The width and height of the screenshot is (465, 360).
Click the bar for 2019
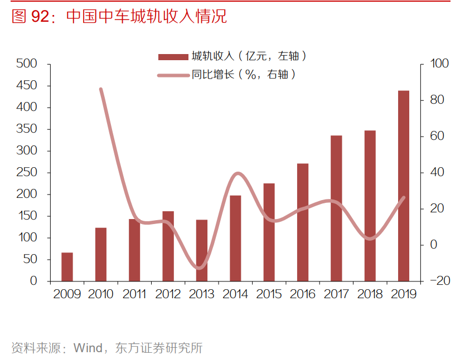[x=403, y=186]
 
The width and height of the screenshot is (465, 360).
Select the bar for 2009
[x=67, y=267]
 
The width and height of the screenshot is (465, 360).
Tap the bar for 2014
[x=235, y=238]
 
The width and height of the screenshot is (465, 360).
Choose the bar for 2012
[x=168, y=246]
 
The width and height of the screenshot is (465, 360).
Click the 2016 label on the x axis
[x=303, y=294]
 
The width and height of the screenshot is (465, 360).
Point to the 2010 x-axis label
[x=101, y=294]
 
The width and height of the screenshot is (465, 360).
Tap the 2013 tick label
[x=202, y=294]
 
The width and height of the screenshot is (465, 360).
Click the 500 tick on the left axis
[x=27, y=64]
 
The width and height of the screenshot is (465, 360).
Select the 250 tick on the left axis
[x=27, y=173]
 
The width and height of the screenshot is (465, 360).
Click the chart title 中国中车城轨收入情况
[x=146, y=17]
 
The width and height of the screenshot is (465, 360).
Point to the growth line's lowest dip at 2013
[x=200, y=268]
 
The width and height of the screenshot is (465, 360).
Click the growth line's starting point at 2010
[x=101, y=89]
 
